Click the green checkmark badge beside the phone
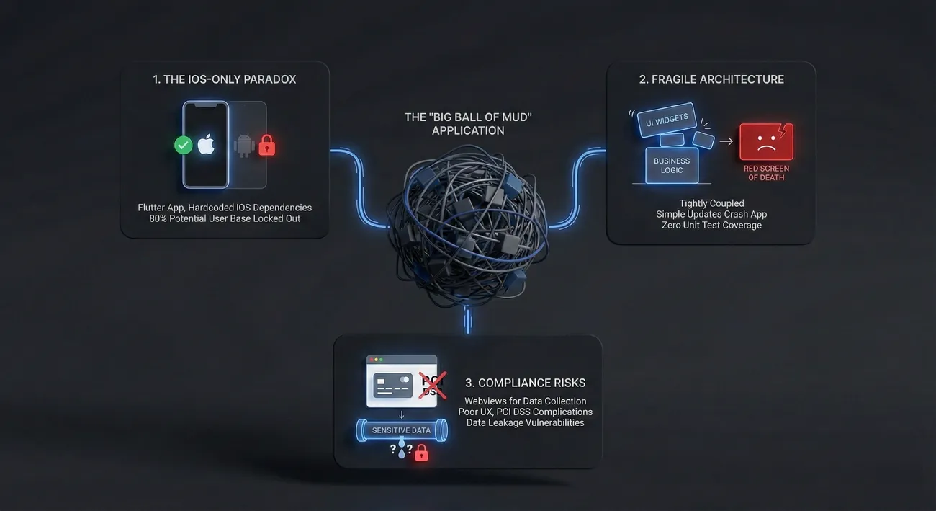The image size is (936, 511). coord(184,145)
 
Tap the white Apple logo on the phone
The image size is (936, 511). coord(206,145)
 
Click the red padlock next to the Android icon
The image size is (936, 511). coord(267,145)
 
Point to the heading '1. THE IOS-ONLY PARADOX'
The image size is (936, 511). coord(224,79)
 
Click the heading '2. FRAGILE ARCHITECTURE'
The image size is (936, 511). coord(711,79)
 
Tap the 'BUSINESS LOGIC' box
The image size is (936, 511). coord(672,165)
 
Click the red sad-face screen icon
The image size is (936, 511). coord(765,141)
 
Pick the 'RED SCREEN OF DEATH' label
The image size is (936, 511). coord(766,173)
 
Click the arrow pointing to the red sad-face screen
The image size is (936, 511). coord(726,141)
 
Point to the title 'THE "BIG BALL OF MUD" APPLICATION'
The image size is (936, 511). coord(468,124)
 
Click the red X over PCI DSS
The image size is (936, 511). coord(432,386)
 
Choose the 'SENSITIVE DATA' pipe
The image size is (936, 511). coord(401,430)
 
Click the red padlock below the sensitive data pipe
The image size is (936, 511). coord(421,452)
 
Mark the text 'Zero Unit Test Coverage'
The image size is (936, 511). coord(711,225)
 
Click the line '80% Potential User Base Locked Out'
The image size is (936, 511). coord(225,218)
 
